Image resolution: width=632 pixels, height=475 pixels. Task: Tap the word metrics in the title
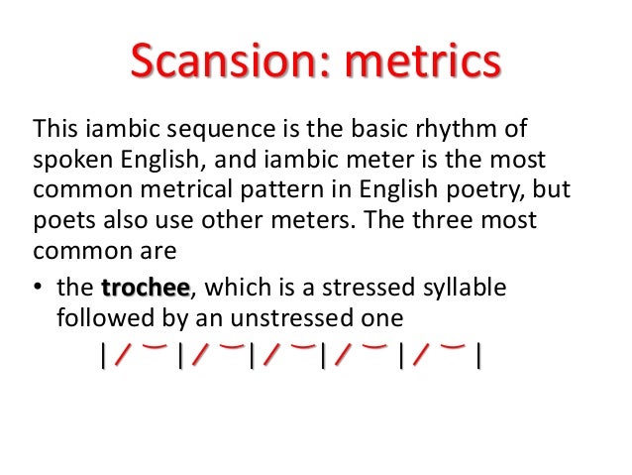pyautogui.click(x=419, y=63)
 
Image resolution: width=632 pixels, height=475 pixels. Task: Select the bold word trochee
pyautogui.click(x=145, y=288)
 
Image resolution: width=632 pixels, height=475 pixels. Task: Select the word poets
pyautogui.click(x=62, y=220)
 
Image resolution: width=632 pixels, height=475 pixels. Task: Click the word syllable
pyautogui.click(x=465, y=288)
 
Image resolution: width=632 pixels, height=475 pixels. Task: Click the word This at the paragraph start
pyautogui.click(x=55, y=130)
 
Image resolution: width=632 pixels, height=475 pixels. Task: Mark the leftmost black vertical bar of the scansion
pyautogui.click(x=103, y=355)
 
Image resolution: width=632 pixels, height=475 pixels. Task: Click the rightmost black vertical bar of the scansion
pyautogui.click(x=478, y=355)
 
